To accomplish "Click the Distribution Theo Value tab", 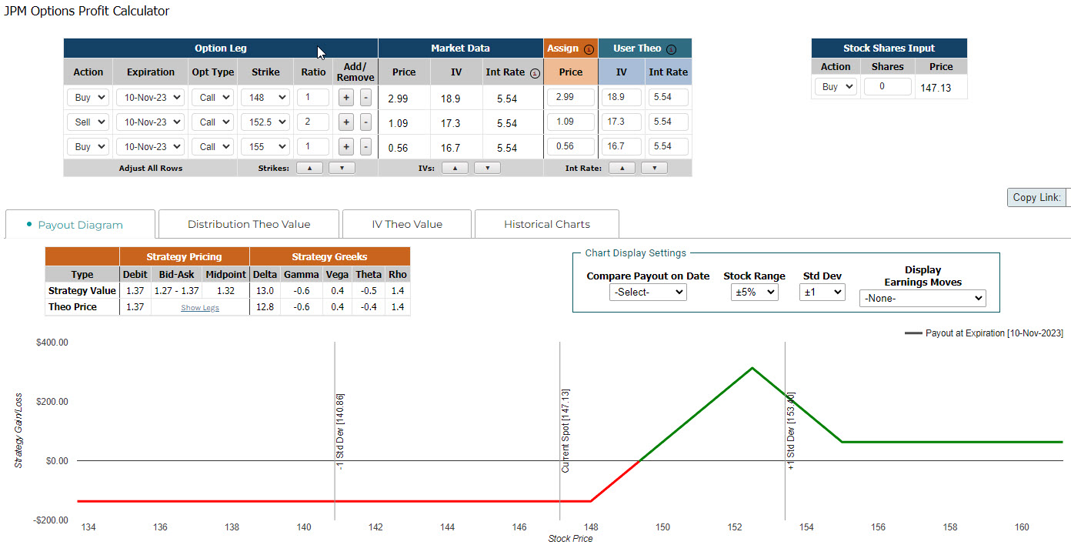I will coord(249,224).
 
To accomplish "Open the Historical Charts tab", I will coord(546,224).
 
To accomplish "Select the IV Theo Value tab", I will coord(407,224).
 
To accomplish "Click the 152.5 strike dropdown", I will coord(265,122).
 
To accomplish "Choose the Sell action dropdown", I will coord(88,122).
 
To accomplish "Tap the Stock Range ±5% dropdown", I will coord(754,293).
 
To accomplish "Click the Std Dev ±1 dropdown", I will coord(822,293).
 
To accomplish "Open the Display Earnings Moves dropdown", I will coord(922,298).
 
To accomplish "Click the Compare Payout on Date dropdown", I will coord(647,293).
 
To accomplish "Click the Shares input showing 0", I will coord(887,87).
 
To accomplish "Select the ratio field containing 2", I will coord(312,122).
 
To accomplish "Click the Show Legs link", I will coord(200,307).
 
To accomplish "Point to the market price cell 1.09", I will coord(398,122).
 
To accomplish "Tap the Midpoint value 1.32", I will coord(226,290).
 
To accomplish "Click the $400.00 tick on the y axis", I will coord(52,343).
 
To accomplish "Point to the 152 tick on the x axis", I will coord(735,527).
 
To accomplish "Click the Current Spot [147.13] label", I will coord(566,430).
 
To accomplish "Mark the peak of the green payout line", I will coord(752,368).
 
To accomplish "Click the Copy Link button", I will coord(1036,197).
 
